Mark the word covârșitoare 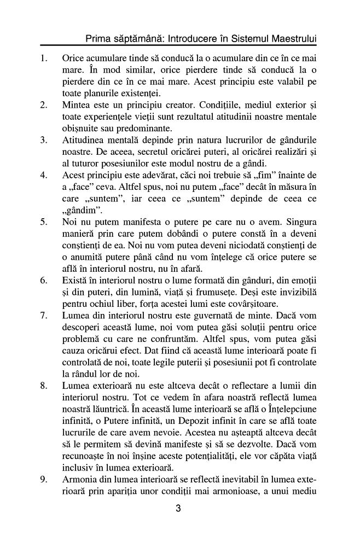pyautogui.click(x=269, y=304)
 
